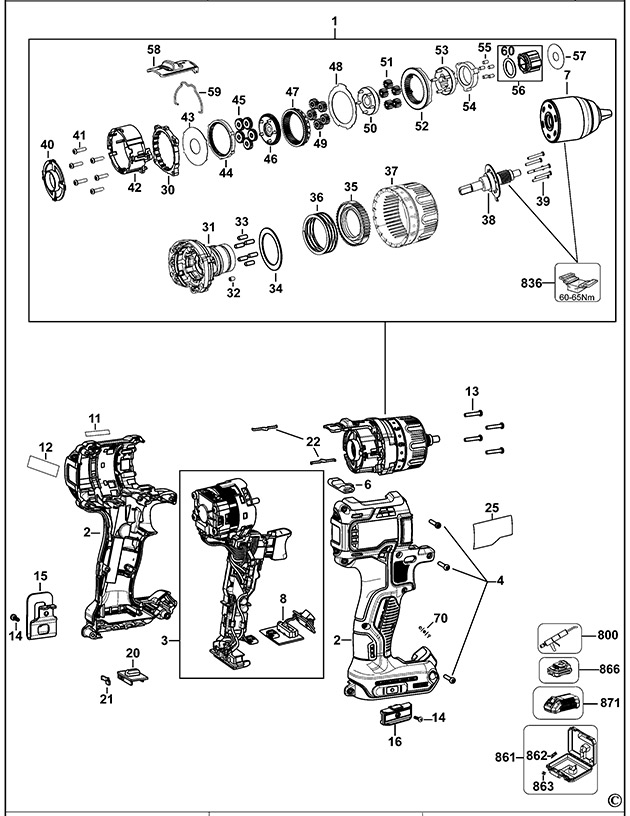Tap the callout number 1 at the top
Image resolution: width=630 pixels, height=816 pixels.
(334, 21)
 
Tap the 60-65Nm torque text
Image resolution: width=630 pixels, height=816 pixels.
(579, 297)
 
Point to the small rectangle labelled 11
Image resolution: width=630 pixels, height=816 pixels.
(95, 431)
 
